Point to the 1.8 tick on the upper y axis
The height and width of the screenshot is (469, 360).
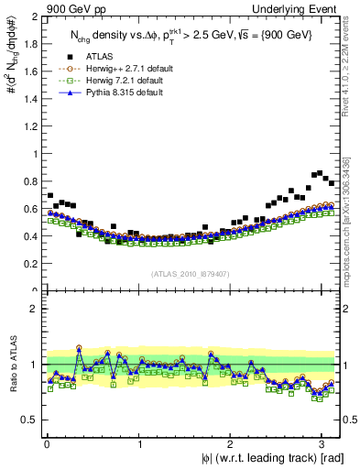(x=29, y=44)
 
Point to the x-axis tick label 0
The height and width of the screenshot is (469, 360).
(x=47, y=444)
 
